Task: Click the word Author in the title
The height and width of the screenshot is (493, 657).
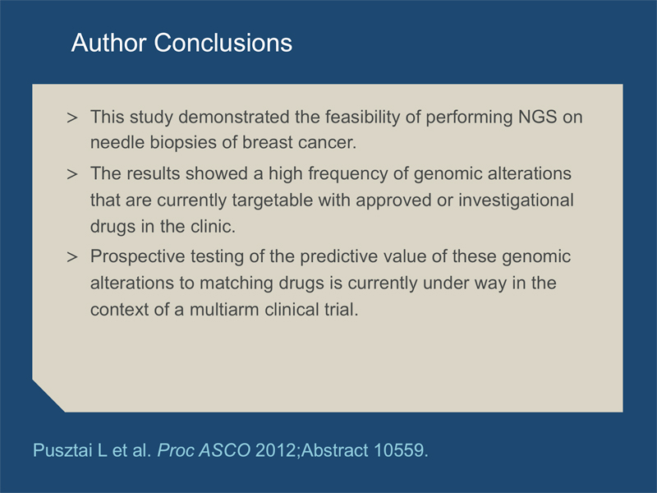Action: pyautogui.click(x=108, y=43)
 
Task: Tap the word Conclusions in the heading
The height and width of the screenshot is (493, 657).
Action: pyautogui.click(x=223, y=43)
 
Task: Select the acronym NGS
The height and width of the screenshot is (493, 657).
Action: pyautogui.click(x=538, y=117)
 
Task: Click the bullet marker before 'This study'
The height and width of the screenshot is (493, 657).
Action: pyautogui.click(x=72, y=117)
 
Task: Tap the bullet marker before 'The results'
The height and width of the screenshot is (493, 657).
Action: pyautogui.click(x=72, y=174)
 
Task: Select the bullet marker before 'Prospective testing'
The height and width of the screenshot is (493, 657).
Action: pyautogui.click(x=72, y=256)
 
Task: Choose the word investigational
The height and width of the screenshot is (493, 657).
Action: pyautogui.click(x=517, y=200)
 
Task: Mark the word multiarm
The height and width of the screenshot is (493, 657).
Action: pyautogui.click(x=224, y=310)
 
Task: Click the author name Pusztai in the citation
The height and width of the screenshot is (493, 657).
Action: pyautogui.click(x=63, y=450)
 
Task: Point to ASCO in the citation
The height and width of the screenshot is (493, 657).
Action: pyautogui.click(x=224, y=450)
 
